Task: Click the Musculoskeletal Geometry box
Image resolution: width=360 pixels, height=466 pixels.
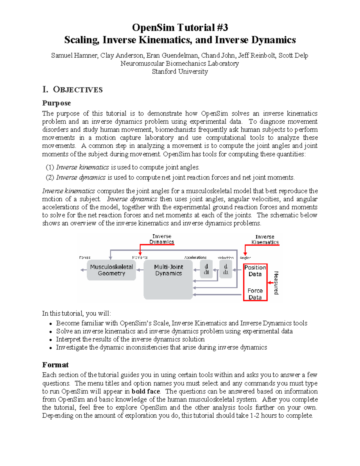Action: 111,270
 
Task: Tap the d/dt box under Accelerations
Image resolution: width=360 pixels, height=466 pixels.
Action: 206,269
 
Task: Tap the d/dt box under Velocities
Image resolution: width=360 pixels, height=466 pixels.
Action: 226,269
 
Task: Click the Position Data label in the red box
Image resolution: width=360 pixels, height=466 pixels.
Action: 255,271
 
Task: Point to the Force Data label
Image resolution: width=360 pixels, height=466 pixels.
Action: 255,294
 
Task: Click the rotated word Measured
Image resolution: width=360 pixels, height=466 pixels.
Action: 276,283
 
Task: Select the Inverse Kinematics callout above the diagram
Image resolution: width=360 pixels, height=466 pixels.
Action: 265,239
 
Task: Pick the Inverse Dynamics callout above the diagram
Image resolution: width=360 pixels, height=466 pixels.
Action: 162,239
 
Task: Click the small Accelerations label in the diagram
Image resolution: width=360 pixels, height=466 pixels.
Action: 195,257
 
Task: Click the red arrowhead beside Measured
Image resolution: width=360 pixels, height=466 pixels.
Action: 269,283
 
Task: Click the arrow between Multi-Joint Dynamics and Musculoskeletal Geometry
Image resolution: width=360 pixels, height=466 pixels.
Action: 140,270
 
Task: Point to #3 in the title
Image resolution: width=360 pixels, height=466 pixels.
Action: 221,28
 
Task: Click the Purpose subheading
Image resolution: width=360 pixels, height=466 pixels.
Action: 56,103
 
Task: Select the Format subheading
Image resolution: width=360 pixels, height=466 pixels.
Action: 55,365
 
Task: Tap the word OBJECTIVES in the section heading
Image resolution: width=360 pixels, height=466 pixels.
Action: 78,90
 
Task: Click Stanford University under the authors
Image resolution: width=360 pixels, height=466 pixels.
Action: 180,71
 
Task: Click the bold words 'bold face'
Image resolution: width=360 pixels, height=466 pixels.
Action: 145,391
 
